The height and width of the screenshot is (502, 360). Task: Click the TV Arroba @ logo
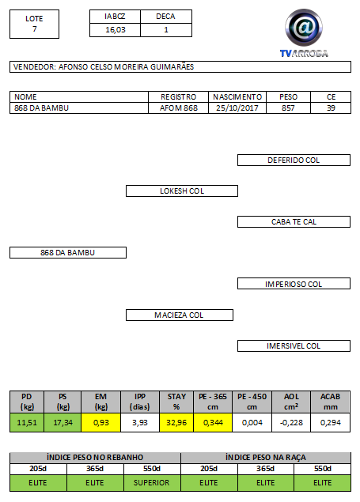pyautogui.click(x=304, y=32)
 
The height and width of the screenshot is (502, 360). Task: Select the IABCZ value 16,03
pyautogui.click(x=116, y=30)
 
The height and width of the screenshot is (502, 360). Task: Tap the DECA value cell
pyautogui.click(x=166, y=30)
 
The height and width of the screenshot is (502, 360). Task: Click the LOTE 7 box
pyautogui.click(x=34, y=24)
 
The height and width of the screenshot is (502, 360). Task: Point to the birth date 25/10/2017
pyautogui.click(x=237, y=108)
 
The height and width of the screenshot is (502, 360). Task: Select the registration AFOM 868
pyautogui.click(x=178, y=108)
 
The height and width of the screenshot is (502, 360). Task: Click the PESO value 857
pyautogui.click(x=288, y=108)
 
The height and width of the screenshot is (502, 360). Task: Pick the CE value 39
pyautogui.click(x=331, y=108)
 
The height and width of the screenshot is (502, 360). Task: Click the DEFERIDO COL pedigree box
pyautogui.click(x=294, y=160)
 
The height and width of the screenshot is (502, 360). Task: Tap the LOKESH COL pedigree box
pyautogui.click(x=182, y=191)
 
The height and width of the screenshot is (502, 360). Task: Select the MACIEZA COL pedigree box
pyautogui.click(x=180, y=315)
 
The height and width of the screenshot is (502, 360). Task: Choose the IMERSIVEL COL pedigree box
pyautogui.click(x=294, y=345)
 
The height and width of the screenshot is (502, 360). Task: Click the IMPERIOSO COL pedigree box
pyautogui.click(x=294, y=284)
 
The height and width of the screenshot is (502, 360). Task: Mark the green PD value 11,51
pyautogui.click(x=27, y=423)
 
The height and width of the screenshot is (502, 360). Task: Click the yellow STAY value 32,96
pyautogui.click(x=176, y=423)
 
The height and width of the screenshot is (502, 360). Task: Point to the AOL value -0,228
pyautogui.click(x=291, y=423)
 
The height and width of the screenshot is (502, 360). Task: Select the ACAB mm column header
pyautogui.click(x=330, y=402)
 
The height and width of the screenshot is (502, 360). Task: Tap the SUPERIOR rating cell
pyautogui.click(x=151, y=482)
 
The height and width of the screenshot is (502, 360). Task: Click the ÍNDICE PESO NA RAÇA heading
pyautogui.click(x=266, y=457)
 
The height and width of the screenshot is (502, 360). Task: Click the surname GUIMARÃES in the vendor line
pyautogui.click(x=172, y=67)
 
